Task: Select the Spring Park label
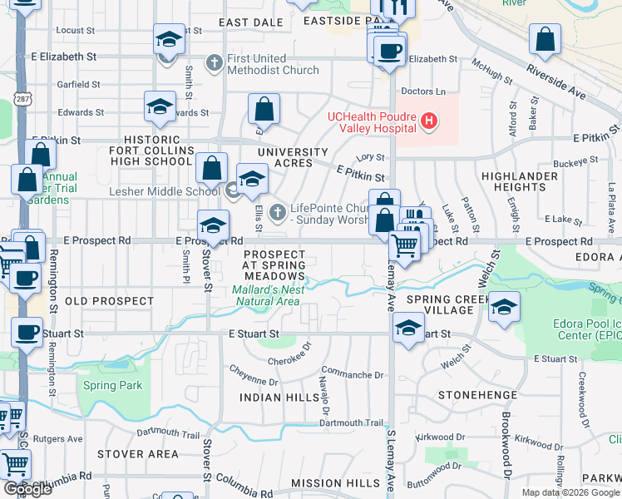click(x=112, y=385)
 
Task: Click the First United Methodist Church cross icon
click(x=214, y=63)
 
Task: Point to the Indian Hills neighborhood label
click(x=273, y=398)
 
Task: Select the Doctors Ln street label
click(x=422, y=91)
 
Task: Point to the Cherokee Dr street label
click(x=289, y=359)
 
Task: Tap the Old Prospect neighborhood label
click(x=109, y=301)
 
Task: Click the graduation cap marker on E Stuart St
click(x=408, y=328)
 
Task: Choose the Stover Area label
click(x=137, y=454)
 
